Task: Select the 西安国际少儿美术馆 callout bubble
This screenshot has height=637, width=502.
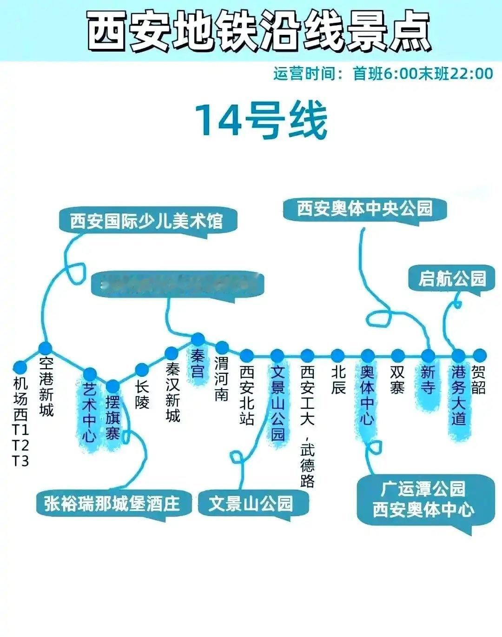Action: [147, 221]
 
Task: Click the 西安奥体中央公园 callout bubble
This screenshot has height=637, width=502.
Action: [364, 208]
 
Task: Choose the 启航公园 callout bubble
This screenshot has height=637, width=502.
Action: [452, 279]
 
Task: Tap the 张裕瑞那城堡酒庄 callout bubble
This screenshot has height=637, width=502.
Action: [112, 503]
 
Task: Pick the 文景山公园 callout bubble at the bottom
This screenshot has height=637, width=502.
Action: [251, 503]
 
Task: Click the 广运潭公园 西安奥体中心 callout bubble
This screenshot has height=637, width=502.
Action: [423, 500]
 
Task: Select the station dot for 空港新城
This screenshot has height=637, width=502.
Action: [45, 348]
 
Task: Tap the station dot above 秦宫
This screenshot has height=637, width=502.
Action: [198, 339]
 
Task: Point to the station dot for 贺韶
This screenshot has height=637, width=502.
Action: [479, 356]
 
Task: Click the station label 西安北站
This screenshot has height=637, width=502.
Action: [247, 395]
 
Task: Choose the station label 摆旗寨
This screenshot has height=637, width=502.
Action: [113, 418]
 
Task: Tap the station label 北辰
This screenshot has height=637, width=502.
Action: [338, 379]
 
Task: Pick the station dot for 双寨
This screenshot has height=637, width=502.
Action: [397, 356]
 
